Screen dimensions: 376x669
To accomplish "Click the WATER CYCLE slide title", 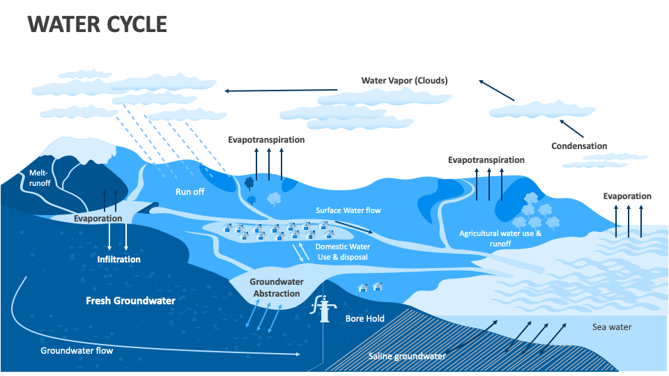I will [97, 24].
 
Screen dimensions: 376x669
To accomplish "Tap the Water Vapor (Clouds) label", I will [404, 81].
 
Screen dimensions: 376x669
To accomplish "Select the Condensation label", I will [579, 146].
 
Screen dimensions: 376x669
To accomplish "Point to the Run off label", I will [190, 192].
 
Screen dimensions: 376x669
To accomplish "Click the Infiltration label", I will [118, 260].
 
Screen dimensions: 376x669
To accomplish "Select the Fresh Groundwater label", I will [130, 301].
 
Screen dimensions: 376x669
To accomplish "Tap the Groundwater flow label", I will [77, 351].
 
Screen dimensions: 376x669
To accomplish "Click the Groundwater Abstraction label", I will [275, 288].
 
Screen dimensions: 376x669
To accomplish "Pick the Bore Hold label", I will [364, 319].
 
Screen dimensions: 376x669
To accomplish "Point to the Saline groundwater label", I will [406, 357].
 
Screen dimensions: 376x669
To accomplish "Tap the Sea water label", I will [611, 327].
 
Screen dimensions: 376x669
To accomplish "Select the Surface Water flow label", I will [348, 210].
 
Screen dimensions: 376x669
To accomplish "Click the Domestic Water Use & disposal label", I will [342, 252].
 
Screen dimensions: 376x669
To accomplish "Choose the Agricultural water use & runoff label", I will [500, 239].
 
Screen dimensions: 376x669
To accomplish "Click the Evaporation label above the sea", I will [627, 196].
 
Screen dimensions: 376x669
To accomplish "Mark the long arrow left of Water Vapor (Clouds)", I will [280, 90].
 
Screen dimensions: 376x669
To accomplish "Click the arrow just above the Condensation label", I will [571, 127].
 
